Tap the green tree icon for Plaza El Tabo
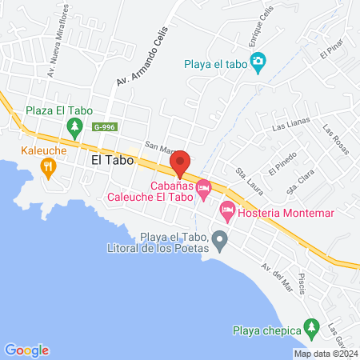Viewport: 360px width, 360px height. coord(74,126)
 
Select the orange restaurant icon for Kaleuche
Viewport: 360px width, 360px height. coord(47,166)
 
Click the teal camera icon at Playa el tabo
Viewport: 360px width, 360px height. coord(258,62)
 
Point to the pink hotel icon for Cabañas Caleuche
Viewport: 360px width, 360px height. coord(203,189)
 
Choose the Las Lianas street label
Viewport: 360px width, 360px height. coord(289,126)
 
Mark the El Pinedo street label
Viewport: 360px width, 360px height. coord(282,162)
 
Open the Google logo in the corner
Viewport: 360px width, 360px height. coord(26,350)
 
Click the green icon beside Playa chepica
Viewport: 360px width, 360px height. coord(311,329)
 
